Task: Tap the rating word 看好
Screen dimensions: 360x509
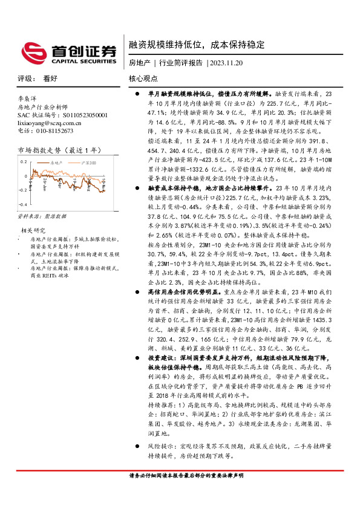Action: [50, 79]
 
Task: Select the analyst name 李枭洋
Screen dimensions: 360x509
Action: [28, 97]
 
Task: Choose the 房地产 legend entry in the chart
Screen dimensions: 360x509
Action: [57, 163]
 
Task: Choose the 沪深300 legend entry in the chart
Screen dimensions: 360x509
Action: [90, 163]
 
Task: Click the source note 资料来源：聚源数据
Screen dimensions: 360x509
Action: [42, 216]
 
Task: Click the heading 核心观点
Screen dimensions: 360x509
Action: [143, 79]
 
